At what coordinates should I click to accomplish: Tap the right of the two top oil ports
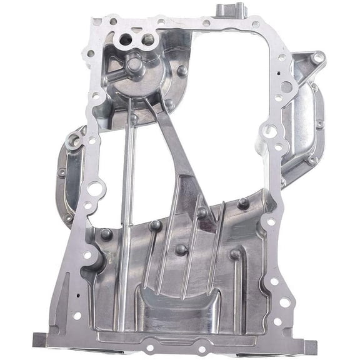pyautogui.click(x=148, y=39)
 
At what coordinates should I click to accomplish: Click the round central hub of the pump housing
pyautogui.click(x=134, y=64)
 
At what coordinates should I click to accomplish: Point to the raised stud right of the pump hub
pyautogui.click(x=182, y=71)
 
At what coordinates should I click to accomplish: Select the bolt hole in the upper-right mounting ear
pyautogui.click(x=318, y=58)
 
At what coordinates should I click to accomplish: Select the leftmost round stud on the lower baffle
pyautogui.click(x=106, y=235)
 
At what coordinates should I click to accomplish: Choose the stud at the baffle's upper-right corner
pyautogui.click(x=243, y=203)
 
